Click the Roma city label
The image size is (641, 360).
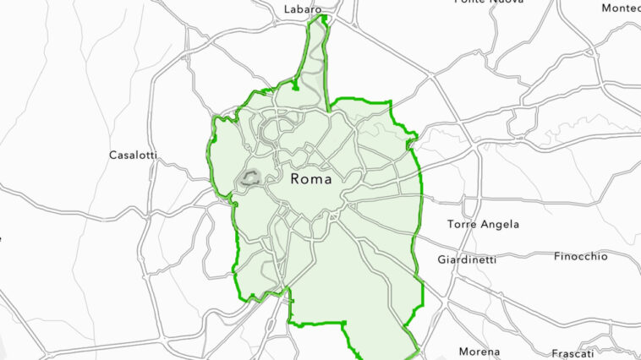(x=310, y=179)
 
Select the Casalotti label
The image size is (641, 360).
(x=134, y=155)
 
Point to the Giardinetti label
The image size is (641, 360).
(x=467, y=259)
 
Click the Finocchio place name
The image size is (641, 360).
(x=580, y=256)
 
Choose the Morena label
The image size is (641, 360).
(x=479, y=352)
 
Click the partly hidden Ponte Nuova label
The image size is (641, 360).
(x=489, y=3)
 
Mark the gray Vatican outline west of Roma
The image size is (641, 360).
(x=249, y=178)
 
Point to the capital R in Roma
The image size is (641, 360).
(x=295, y=179)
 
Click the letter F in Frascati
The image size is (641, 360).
(x=555, y=353)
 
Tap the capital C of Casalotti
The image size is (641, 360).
(x=113, y=155)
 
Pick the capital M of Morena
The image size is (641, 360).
(x=463, y=352)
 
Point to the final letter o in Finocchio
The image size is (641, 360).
(x=604, y=256)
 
